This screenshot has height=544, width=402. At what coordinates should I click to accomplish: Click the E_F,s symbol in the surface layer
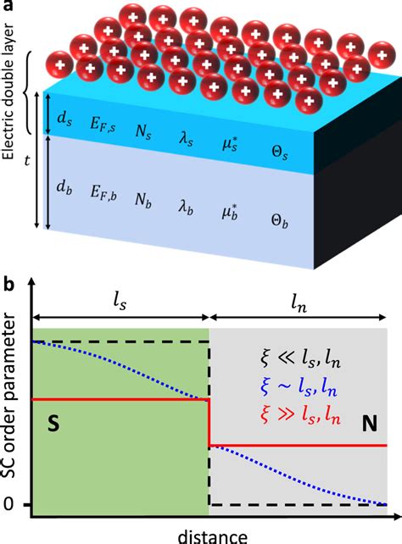point(105,121)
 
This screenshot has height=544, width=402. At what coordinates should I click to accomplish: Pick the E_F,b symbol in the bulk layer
point(106,194)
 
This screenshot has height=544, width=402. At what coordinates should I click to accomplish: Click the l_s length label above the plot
point(119,299)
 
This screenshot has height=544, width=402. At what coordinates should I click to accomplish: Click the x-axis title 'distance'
point(213,535)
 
